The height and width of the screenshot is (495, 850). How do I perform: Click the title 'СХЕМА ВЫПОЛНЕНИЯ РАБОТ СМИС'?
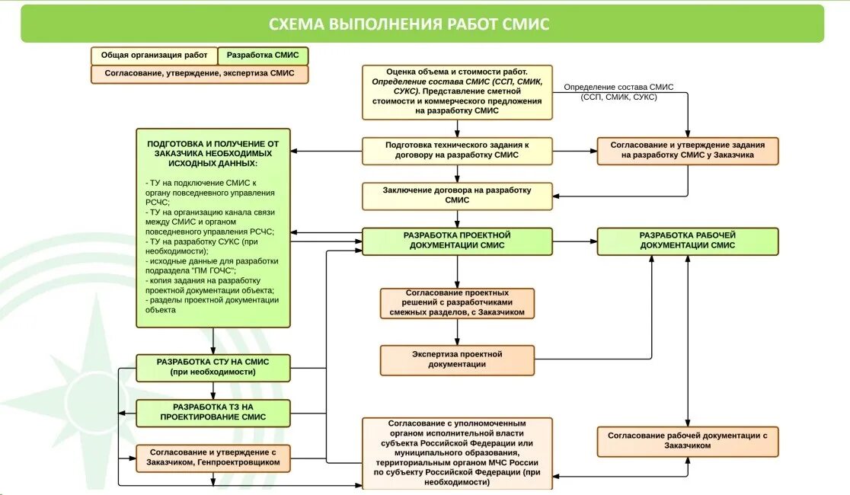pos(409,24)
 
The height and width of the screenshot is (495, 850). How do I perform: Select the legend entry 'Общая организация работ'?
pos(154,56)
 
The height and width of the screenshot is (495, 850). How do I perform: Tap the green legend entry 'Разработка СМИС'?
pos(263,56)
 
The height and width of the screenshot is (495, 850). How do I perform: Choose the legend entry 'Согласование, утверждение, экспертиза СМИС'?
pos(200,74)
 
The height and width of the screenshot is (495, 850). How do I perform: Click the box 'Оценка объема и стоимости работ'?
pos(457,91)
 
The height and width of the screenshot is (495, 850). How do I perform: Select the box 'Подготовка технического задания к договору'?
pos(457,151)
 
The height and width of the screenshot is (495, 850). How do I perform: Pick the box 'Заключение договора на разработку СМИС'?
pos(457,195)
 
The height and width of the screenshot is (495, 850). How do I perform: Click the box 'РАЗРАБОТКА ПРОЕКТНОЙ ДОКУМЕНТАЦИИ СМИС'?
pos(457,241)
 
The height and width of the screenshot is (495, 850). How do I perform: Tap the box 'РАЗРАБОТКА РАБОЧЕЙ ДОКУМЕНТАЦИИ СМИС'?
pos(688,241)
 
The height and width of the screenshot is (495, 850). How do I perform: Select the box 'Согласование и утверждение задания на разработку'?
pos(688,151)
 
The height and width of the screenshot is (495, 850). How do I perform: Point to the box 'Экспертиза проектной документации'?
pos(457,359)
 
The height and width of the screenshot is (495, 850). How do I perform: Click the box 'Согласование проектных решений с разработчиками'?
pos(457,302)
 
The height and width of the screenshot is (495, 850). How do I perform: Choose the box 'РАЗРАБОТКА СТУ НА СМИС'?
pos(213,368)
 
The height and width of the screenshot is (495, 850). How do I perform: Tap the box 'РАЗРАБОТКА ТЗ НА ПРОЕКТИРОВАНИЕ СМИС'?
pos(213,412)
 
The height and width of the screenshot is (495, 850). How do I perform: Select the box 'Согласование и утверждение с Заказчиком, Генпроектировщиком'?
pos(213,458)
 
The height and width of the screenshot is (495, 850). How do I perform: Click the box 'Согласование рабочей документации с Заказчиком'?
pos(688,441)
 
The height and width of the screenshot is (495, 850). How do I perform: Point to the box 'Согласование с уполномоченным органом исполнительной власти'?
pos(457,452)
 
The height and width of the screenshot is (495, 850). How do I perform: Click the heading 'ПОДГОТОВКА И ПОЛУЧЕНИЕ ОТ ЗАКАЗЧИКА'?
pos(213,153)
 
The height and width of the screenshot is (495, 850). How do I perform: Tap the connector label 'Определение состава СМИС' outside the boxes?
pos(618,92)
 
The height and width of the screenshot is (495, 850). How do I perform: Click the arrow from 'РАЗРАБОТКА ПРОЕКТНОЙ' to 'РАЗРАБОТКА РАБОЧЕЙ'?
pos(575,241)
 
